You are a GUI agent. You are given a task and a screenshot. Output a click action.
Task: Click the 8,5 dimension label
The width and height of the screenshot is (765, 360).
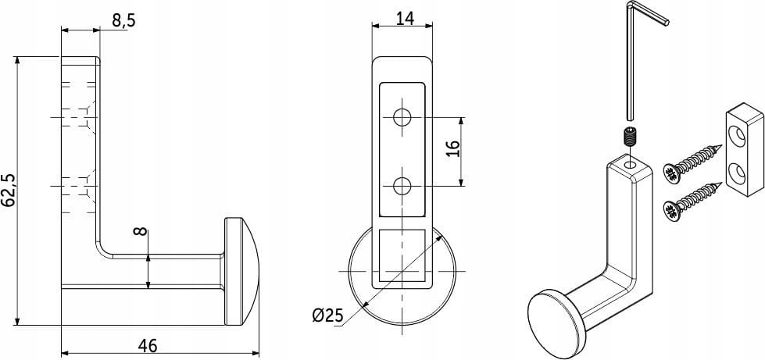(x=123, y=21)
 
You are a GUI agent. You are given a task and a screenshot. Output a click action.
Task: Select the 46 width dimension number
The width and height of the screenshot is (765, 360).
(x=148, y=346)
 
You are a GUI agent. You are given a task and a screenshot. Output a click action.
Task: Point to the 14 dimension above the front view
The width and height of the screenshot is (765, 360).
(x=405, y=18)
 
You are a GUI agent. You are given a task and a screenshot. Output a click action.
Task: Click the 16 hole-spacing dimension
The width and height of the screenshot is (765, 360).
(x=452, y=148)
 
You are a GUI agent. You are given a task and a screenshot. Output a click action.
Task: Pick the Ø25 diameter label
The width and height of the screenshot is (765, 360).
(x=327, y=316)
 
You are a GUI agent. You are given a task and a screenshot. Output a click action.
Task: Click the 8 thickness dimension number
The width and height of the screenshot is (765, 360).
(x=140, y=230)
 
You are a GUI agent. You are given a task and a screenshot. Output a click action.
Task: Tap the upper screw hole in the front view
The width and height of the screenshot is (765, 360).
(x=402, y=117)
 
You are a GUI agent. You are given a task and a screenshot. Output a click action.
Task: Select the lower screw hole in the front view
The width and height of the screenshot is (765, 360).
(x=402, y=186)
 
